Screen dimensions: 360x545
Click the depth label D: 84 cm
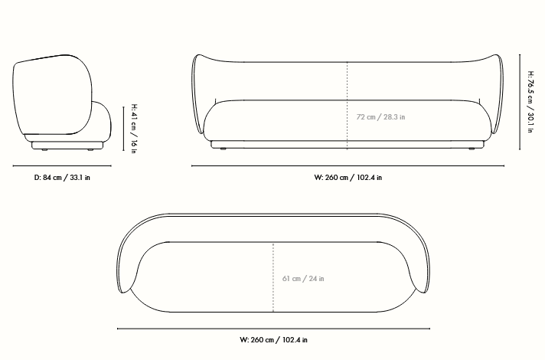point(63,178)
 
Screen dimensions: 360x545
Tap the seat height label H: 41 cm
point(134,129)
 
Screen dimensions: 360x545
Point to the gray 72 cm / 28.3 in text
point(381,117)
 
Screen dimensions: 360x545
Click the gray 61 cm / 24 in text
point(303,278)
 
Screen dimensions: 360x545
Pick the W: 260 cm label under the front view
point(348,178)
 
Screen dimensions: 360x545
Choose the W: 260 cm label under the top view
point(273,339)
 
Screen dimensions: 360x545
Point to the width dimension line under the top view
point(273,329)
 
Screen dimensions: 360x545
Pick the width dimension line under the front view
point(348,165)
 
